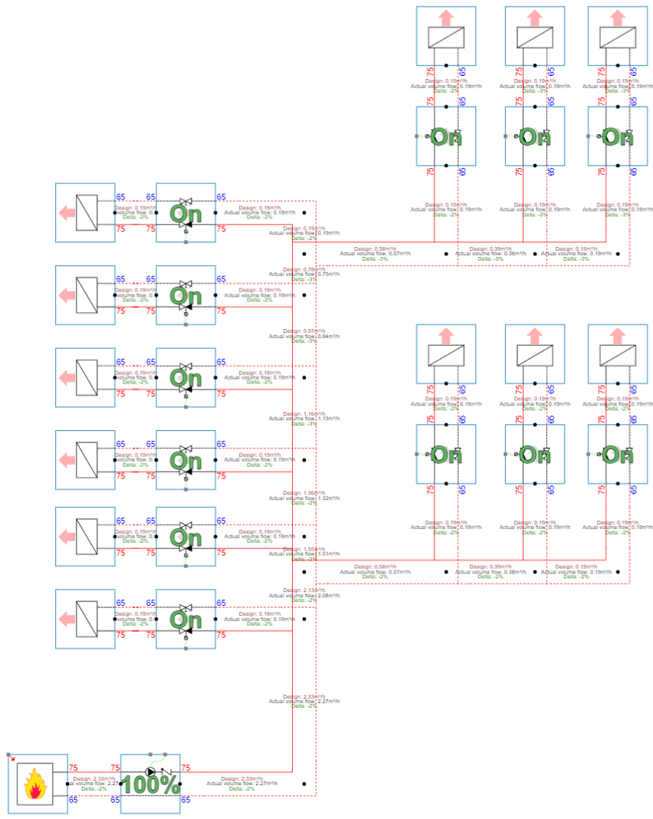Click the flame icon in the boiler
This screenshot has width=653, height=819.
[x=35, y=784]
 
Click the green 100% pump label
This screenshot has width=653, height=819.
[x=151, y=785]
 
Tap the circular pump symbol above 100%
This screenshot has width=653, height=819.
[x=150, y=771]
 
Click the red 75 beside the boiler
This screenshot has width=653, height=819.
[x=74, y=768]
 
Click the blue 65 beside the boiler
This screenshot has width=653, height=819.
[x=74, y=800]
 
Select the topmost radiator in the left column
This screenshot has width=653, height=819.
[x=85, y=212]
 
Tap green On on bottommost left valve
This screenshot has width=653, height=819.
[x=185, y=618]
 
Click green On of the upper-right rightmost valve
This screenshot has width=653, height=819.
[x=618, y=136]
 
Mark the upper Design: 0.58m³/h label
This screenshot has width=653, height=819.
[x=381, y=249]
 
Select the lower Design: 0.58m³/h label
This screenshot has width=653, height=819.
[x=381, y=567]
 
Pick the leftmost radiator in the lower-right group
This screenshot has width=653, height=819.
[x=446, y=354]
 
